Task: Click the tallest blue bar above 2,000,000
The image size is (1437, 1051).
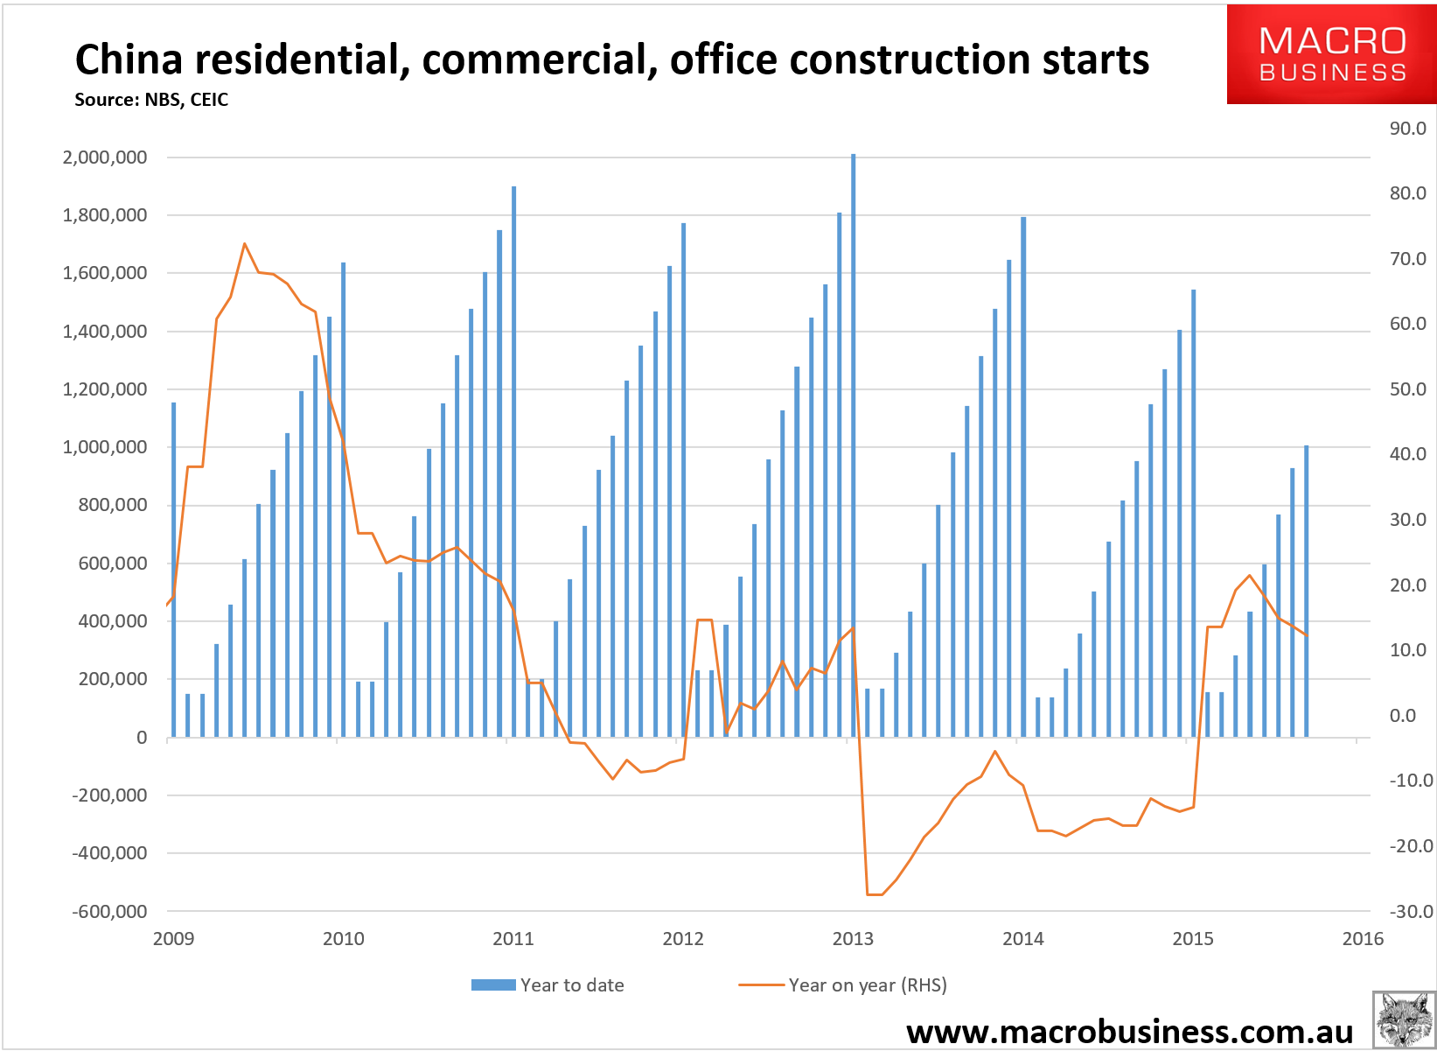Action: tap(854, 445)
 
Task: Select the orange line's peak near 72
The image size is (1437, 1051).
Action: tap(244, 243)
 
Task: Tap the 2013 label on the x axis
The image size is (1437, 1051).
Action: tap(853, 939)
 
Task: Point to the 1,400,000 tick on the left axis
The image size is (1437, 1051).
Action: tap(105, 332)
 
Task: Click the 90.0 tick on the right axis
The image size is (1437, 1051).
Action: tap(1407, 129)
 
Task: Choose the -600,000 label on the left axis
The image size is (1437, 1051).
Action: tap(109, 911)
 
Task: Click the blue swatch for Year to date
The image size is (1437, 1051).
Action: tap(493, 984)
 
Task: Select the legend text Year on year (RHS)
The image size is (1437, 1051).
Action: tap(868, 984)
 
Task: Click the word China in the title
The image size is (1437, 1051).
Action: tap(129, 60)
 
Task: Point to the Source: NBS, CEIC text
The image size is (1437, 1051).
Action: tap(151, 100)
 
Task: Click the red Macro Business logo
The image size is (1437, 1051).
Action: tap(1332, 54)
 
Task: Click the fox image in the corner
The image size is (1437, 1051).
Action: tap(1404, 1019)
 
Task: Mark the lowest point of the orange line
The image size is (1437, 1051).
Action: tap(875, 894)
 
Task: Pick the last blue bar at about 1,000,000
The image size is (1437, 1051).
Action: tap(1306, 591)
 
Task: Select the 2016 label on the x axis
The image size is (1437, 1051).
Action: tap(1363, 939)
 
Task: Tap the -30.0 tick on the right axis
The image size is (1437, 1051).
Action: tap(1411, 911)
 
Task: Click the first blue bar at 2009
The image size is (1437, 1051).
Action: tap(173, 570)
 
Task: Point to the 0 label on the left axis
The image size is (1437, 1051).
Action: tap(142, 738)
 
